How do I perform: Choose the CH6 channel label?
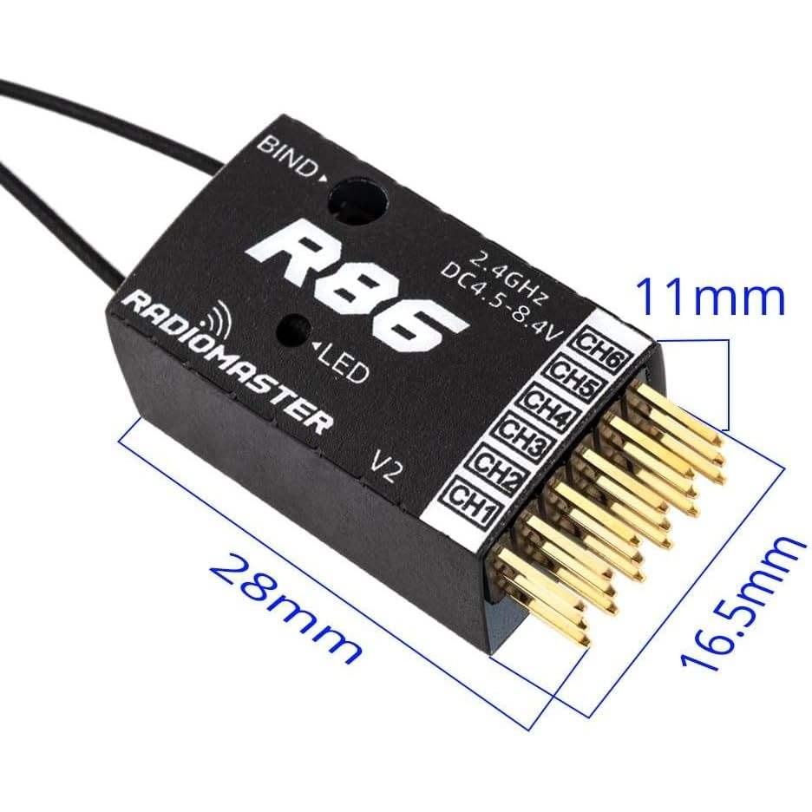click(600, 355)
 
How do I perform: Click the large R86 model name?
click(357, 278)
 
